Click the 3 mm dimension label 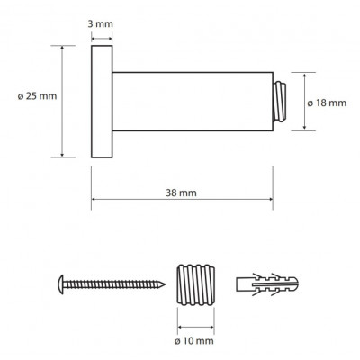click(100, 24)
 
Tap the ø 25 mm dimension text click(37, 96)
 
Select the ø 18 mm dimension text click(327, 103)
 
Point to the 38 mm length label click(181, 193)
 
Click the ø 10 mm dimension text click(194, 341)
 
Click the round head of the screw click(61, 284)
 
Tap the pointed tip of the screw click(164, 284)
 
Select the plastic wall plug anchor click(267, 284)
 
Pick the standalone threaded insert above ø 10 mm click(195, 284)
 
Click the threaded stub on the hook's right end click(279, 102)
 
